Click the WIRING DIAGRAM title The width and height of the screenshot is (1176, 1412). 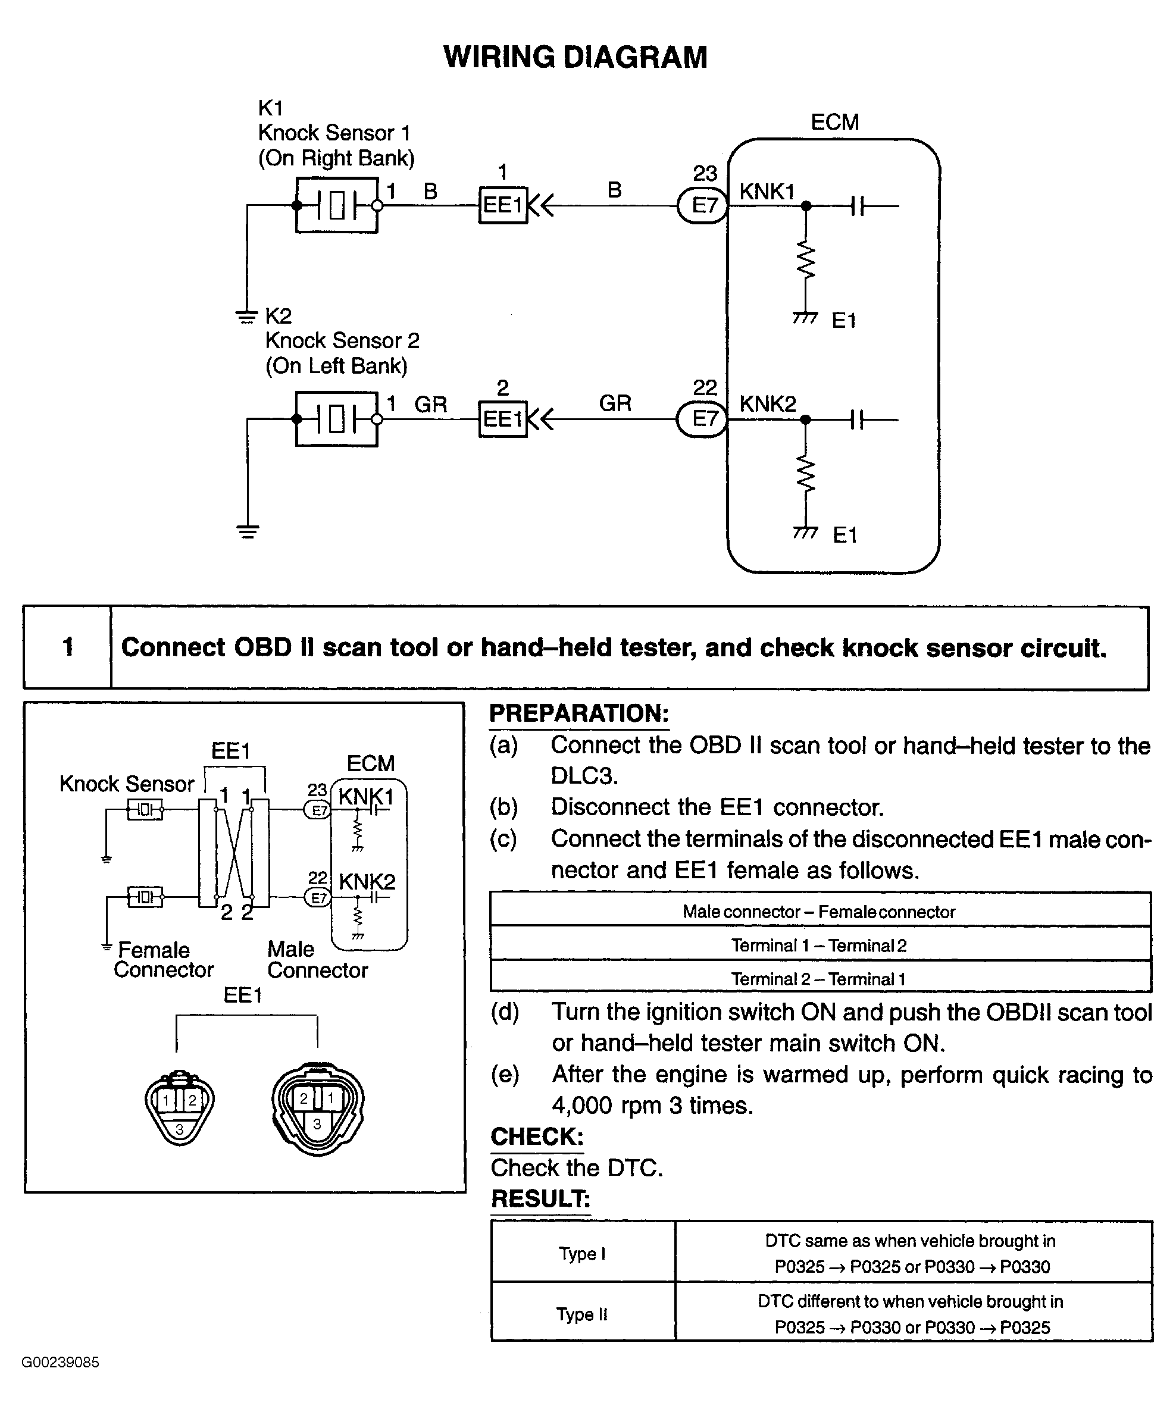coord(576,57)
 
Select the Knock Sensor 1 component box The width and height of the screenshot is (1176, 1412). coord(337,205)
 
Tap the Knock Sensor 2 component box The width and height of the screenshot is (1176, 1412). coord(337,419)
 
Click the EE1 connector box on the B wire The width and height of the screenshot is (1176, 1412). coord(503,205)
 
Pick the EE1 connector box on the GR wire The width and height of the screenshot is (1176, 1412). coord(503,419)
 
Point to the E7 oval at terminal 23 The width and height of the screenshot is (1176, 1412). coord(703,205)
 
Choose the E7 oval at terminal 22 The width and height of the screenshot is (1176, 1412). coord(703,419)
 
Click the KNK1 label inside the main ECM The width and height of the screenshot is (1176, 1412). coord(767,192)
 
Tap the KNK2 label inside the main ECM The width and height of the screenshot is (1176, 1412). coord(768,404)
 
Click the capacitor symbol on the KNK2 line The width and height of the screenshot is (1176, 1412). coord(856,420)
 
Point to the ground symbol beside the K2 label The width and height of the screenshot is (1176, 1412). coord(248,316)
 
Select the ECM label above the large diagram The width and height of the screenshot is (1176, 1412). coord(835,123)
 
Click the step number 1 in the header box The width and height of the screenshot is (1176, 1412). coord(68,647)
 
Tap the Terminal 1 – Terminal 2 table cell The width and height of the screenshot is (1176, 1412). coord(820,945)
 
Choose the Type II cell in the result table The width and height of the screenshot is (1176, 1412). coord(582,1314)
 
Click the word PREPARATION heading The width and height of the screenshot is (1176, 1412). coord(579,713)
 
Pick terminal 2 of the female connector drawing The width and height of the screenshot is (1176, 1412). coord(192,1101)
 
